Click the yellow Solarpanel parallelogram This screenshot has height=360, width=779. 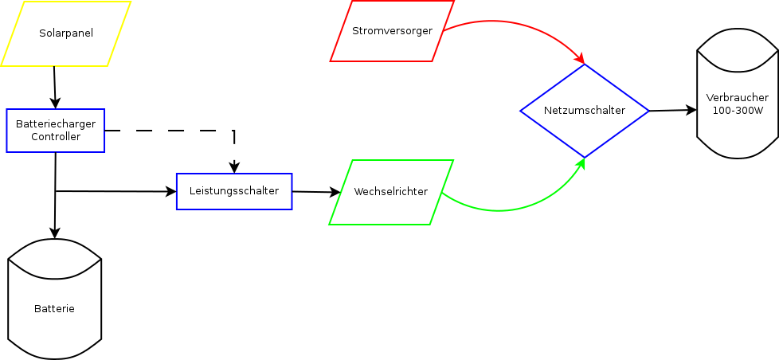click(x=65, y=33)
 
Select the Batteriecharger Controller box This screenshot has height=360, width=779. click(x=56, y=131)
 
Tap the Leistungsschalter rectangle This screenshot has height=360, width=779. click(x=234, y=191)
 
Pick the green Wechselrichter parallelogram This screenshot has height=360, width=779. click(x=391, y=192)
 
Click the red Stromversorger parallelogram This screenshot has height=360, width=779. click(x=392, y=31)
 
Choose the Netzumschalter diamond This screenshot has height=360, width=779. click(x=585, y=111)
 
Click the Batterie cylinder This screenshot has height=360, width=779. click(x=55, y=308)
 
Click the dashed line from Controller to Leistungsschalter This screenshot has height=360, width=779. click(x=175, y=130)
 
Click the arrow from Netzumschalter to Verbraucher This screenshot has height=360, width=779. click(x=673, y=110)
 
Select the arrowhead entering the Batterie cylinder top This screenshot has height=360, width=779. click(x=55, y=233)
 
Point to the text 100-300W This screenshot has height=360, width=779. click(x=738, y=110)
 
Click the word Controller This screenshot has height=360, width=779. click(x=56, y=137)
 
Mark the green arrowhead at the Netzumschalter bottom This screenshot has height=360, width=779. click(x=581, y=163)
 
